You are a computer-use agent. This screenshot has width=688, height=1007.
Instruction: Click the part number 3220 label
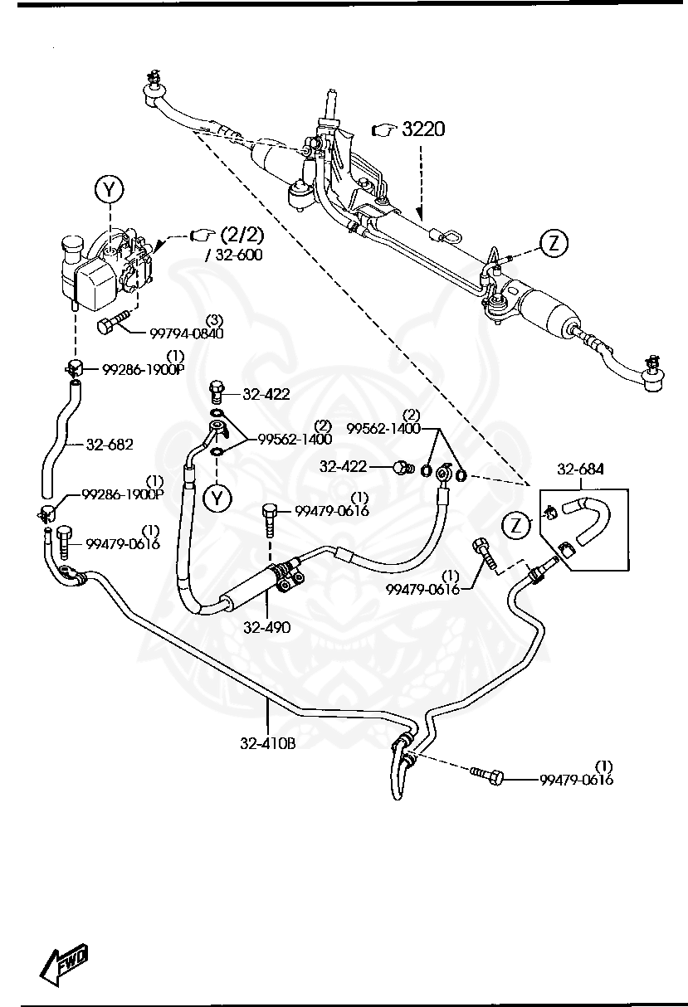pyautogui.click(x=423, y=129)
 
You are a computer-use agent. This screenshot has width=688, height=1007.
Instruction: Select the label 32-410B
pyautogui.click(x=267, y=744)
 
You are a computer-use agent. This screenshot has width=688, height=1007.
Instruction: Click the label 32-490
pyautogui.click(x=266, y=628)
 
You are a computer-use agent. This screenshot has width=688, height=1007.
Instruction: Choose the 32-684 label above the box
pyautogui.click(x=580, y=469)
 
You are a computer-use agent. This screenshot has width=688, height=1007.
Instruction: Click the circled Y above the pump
pyautogui.click(x=110, y=190)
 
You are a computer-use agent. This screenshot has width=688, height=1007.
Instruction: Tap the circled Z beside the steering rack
pyautogui.click(x=554, y=243)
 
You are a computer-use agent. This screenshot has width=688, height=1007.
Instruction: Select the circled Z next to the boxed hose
pyautogui.click(x=517, y=525)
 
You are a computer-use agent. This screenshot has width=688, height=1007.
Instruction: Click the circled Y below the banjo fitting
pyautogui.click(x=216, y=498)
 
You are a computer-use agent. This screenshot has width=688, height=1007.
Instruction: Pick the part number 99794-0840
pyautogui.click(x=186, y=333)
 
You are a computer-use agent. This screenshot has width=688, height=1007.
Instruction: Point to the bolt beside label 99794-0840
pyautogui.click(x=112, y=324)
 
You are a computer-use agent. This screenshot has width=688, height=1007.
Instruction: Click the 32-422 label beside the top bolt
pyautogui.click(x=266, y=395)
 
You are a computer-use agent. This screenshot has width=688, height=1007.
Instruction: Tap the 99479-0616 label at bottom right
pyautogui.click(x=576, y=780)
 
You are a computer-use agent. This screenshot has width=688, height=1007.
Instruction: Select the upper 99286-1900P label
pyautogui.click(x=143, y=370)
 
